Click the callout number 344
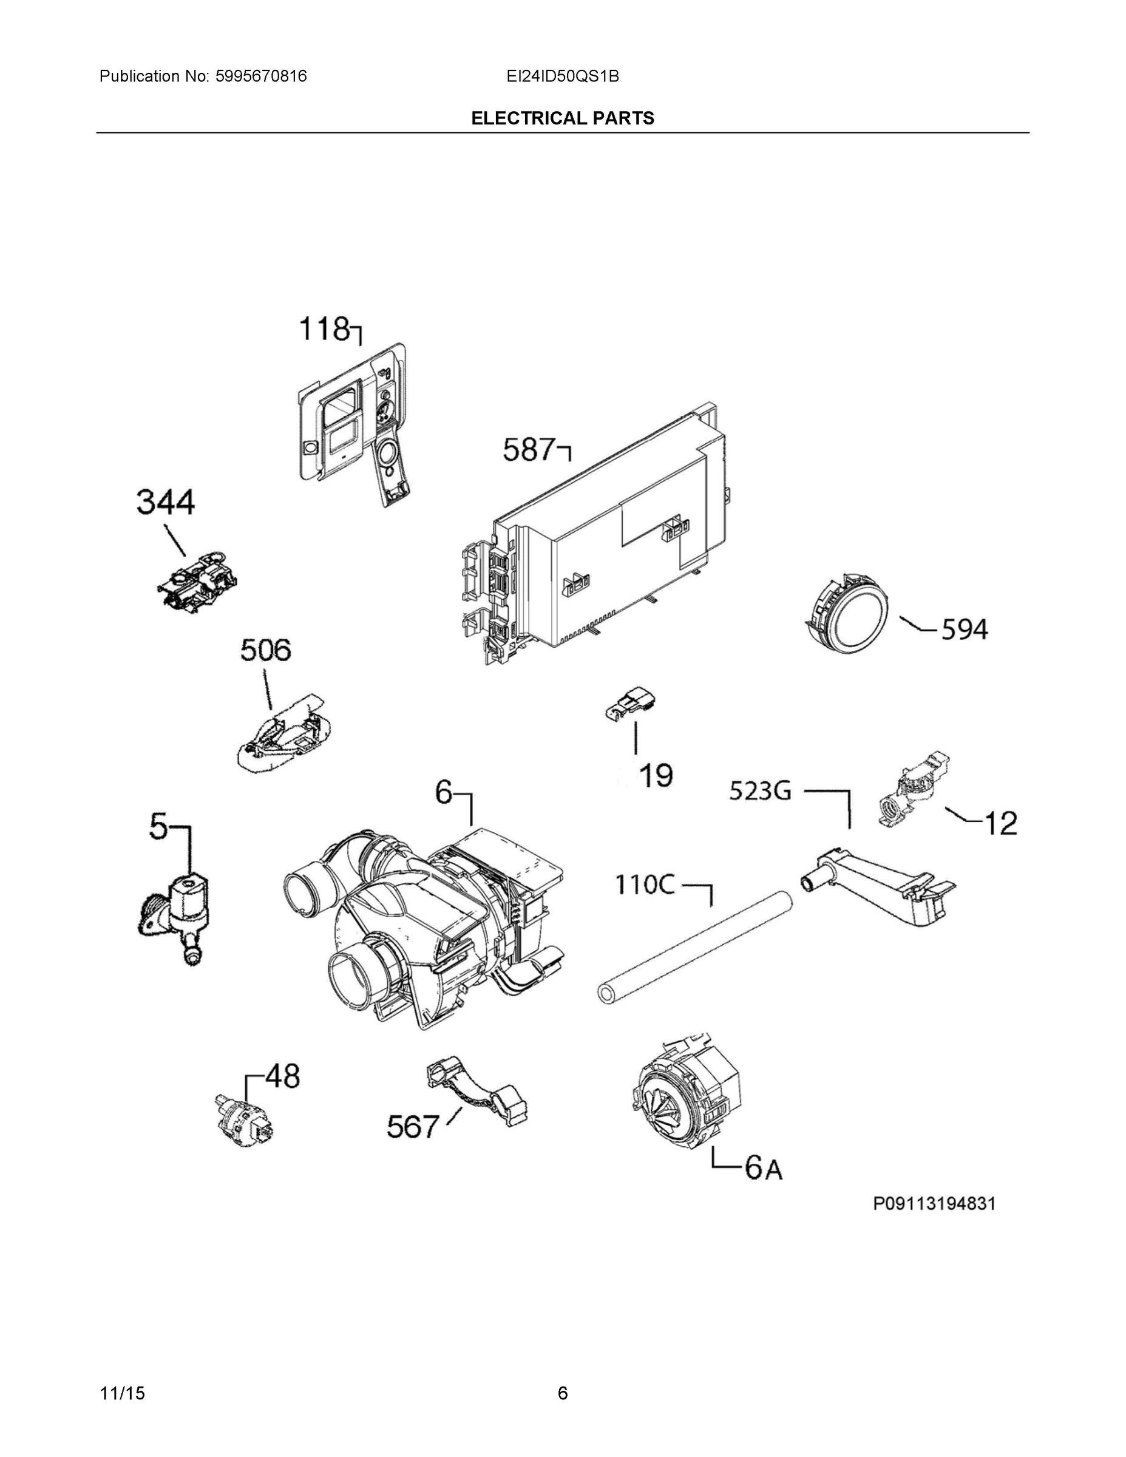click(166, 502)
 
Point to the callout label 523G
click(760, 791)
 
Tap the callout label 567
click(413, 1127)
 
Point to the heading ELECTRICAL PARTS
click(562, 118)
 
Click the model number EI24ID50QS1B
click(562, 76)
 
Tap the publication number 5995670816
click(261, 76)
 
